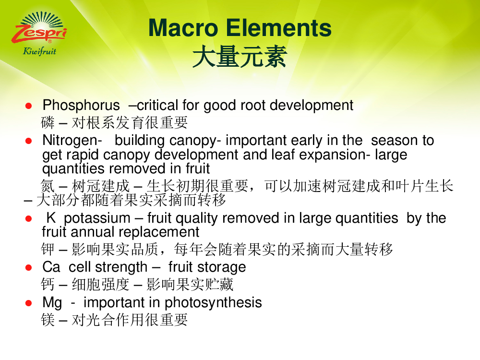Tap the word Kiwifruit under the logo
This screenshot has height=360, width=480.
39,51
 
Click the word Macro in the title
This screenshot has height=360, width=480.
183,28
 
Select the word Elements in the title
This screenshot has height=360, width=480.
278,28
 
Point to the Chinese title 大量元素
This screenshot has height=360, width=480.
240,57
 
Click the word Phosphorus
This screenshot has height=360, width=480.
81,106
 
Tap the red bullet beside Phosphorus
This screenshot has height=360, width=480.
28,106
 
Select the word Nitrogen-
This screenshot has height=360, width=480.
72,141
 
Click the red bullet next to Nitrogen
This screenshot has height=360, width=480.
28,141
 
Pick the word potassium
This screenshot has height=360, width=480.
97,218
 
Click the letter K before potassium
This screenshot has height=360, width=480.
51,218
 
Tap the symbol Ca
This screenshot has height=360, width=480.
51,267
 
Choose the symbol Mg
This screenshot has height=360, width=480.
52,303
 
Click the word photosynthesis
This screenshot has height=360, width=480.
214,303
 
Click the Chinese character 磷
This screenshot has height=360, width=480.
48,123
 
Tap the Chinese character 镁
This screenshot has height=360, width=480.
48,320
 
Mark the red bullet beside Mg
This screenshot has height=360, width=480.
28,303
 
